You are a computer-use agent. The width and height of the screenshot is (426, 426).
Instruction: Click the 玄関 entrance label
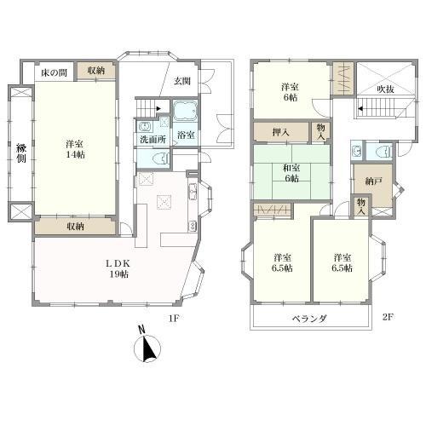coord(182,82)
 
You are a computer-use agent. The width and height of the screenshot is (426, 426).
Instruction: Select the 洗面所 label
coord(153,139)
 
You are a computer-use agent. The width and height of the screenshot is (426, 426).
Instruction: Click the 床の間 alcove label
coord(54,73)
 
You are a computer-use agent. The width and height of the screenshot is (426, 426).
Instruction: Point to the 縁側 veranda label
coord(21,153)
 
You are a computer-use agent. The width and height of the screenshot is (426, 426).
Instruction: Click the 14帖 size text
coord(75,155)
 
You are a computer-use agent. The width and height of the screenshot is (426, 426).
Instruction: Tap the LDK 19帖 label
coord(118,268)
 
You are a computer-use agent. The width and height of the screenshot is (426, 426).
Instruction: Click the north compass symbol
coord(147,346)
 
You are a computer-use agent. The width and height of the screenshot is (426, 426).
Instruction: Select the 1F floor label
coord(174,318)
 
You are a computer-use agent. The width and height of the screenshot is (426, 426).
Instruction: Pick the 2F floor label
coord(388,317)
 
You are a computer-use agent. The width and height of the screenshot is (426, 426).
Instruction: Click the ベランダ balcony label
coord(310,319)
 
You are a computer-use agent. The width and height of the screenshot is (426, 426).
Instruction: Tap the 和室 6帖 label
coord(291,173)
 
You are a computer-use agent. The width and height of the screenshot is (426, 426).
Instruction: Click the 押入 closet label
coord(280,132)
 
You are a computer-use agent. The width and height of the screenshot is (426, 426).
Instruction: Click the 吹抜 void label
coord(385,89)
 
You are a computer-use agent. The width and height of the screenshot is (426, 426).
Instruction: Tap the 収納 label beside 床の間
coord(96,71)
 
